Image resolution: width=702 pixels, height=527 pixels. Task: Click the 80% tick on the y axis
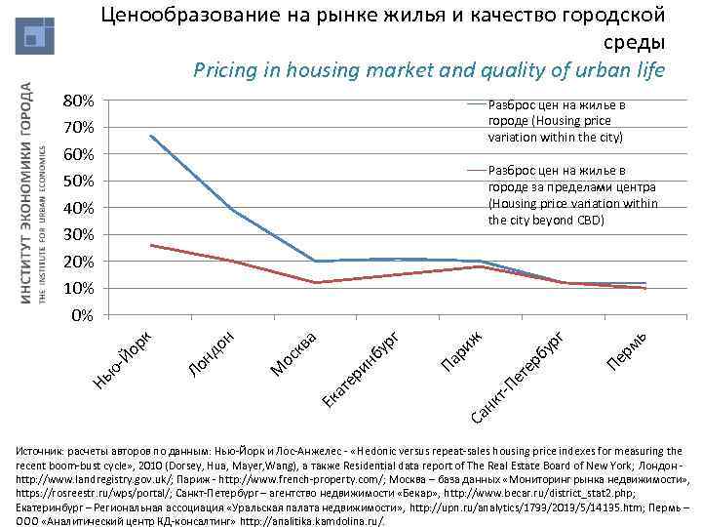click(78, 101)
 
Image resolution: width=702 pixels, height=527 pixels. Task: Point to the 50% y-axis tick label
click(78, 182)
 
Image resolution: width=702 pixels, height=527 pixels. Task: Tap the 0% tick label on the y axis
click(83, 316)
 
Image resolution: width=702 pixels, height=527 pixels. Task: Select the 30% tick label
click(78, 235)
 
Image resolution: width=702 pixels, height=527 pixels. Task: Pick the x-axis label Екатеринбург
click(362, 372)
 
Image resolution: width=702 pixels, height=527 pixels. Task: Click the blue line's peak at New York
click(151, 136)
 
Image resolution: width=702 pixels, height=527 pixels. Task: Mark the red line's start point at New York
click(151, 245)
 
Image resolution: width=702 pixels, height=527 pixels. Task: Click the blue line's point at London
click(233, 210)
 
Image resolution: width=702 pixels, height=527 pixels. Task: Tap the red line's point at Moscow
click(315, 283)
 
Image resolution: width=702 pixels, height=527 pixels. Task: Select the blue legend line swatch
click(476, 103)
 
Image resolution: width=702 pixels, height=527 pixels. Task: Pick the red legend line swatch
click(476, 169)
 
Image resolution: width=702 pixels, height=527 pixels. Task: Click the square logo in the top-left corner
click(34, 36)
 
